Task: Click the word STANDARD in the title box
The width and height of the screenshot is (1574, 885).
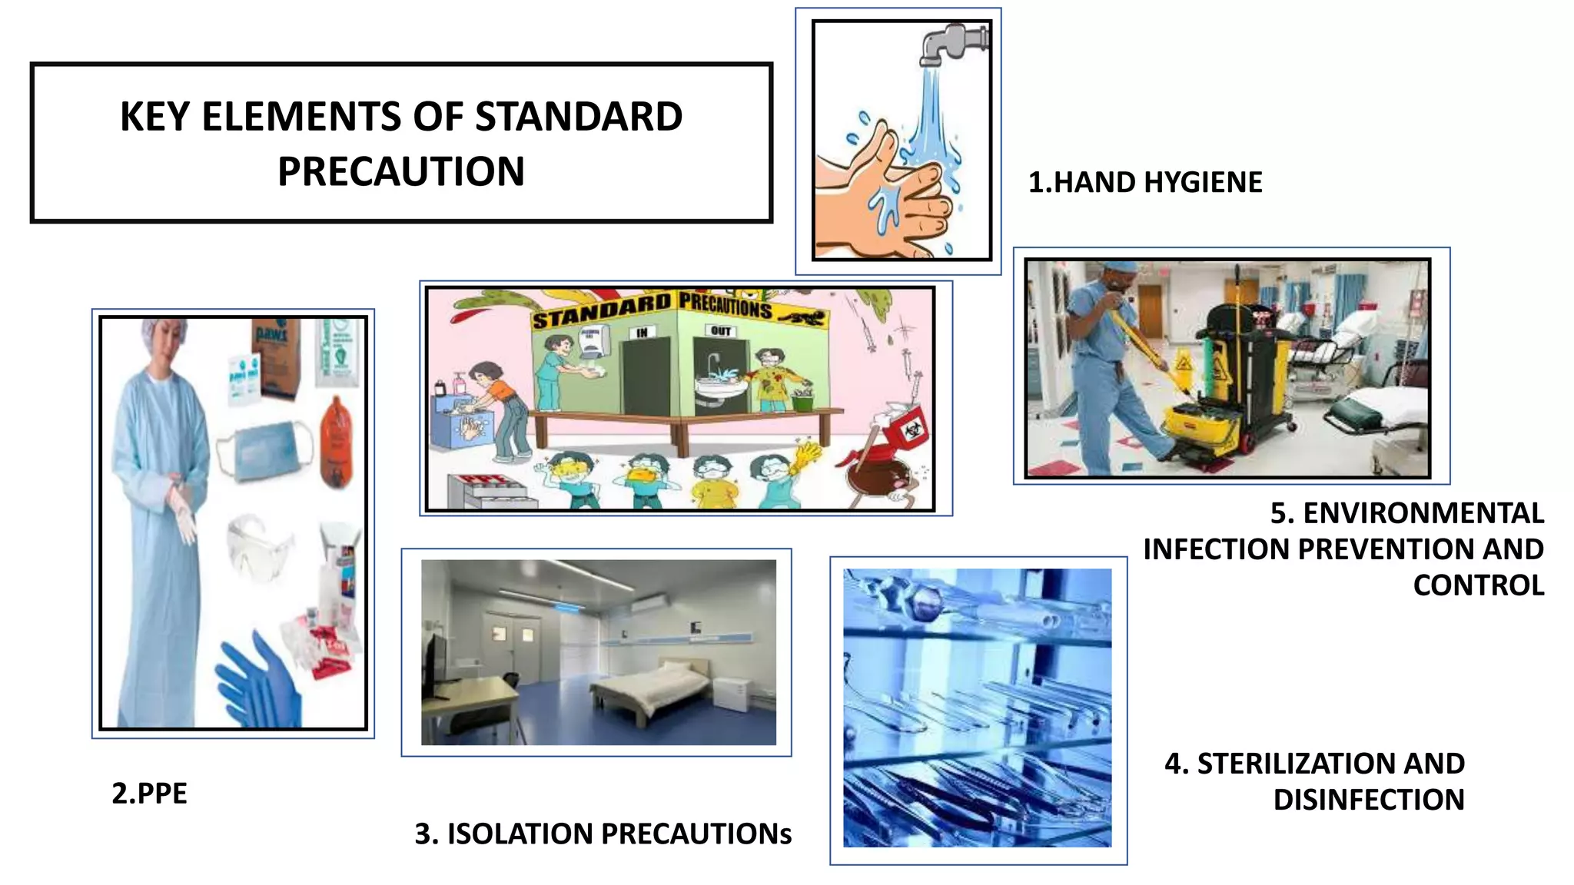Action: [x=578, y=117]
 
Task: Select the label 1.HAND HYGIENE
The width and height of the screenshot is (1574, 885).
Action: [x=1145, y=183]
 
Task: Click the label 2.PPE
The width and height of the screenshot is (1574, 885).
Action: [x=149, y=794]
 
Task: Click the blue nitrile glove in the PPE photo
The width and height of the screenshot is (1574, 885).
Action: [x=261, y=684]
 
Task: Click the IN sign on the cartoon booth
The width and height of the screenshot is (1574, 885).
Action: [x=642, y=333]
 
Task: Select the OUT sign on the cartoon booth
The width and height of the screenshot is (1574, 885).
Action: [x=721, y=331]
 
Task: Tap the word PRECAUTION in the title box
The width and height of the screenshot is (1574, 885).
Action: [x=401, y=172]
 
